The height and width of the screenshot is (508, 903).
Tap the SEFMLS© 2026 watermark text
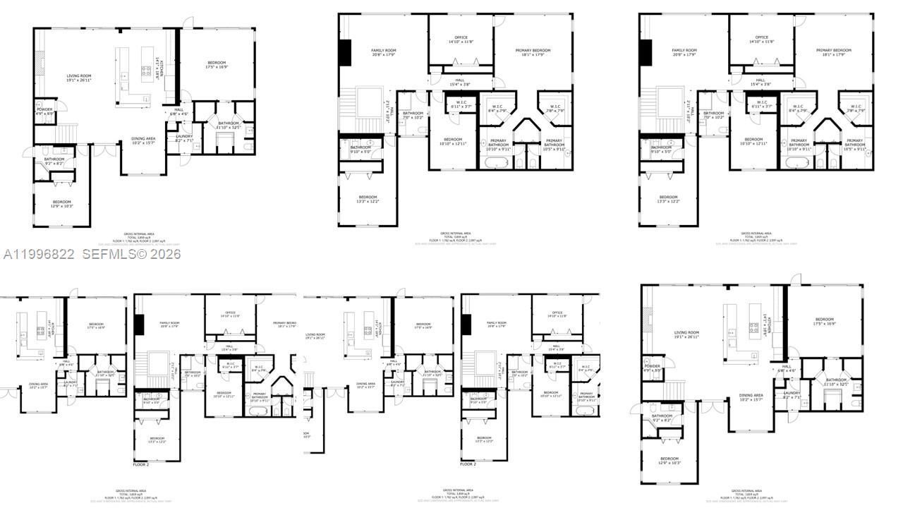[x=132, y=254]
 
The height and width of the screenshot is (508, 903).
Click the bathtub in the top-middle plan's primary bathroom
[x=498, y=163]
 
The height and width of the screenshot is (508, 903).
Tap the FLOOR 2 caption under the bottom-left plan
[x=142, y=465]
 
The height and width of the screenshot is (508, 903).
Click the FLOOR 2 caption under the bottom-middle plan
[x=468, y=464]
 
